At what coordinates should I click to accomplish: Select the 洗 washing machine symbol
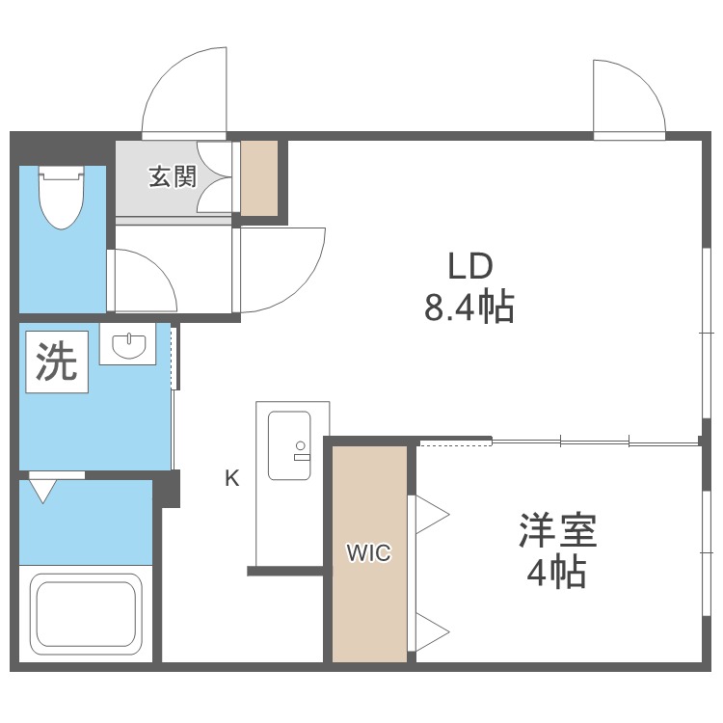[x=56, y=361]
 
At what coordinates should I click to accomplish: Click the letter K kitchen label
[x=232, y=477]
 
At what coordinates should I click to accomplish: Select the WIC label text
[x=369, y=553]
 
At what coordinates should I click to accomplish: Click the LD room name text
[x=469, y=265]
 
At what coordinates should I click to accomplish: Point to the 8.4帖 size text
[x=469, y=308]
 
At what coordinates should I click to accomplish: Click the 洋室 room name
[x=558, y=531]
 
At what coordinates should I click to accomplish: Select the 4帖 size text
[x=556, y=574]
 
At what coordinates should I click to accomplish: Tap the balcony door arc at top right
[x=627, y=96]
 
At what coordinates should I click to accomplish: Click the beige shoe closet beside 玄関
[x=259, y=178]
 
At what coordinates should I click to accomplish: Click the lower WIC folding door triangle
[x=431, y=632]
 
